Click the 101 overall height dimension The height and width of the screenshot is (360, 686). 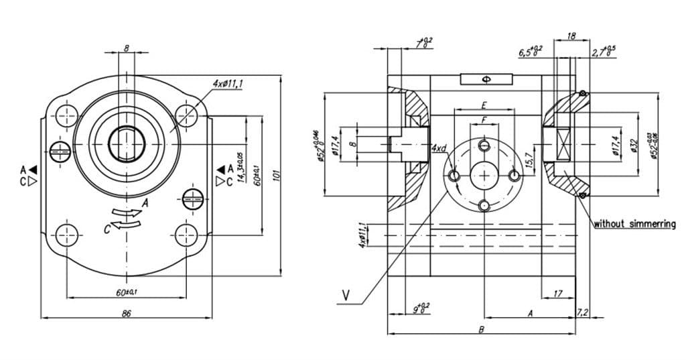pos(276,175)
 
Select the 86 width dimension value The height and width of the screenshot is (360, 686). pos(126,312)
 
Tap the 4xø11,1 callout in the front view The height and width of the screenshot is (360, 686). pos(228,84)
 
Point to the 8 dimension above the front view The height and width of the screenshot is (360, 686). pos(126,48)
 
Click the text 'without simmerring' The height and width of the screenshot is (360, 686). pos(634,224)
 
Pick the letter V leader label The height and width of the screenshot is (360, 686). pos(346,295)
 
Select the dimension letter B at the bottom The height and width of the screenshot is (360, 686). pos(481,329)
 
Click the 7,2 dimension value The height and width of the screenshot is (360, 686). pos(582,312)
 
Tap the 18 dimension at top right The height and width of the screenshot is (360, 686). pos(571,36)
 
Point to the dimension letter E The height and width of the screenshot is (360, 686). pos(483,106)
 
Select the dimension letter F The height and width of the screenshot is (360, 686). pos(483,119)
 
